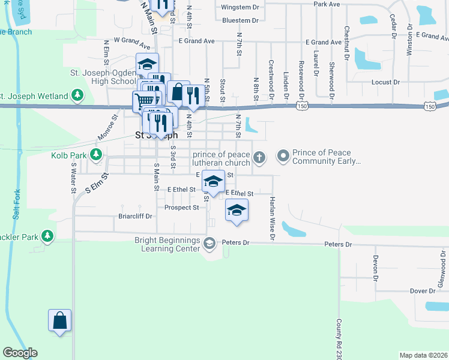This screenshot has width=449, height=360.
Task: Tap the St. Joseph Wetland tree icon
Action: pos(77,95)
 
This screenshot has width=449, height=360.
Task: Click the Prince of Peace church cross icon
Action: pos(259,158)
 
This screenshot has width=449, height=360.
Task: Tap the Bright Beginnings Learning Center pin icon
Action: pos(209,243)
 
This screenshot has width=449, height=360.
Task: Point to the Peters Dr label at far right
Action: pos(338,245)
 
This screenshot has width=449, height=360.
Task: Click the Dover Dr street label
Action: pos(422,291)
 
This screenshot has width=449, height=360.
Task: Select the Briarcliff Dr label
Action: pos(135,216)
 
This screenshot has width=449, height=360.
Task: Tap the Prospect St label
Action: pos(182,208)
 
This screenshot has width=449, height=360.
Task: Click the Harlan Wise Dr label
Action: pos(272,218)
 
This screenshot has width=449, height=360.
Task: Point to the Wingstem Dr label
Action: pos(240,7)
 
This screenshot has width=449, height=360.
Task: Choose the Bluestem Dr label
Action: pos(240,20)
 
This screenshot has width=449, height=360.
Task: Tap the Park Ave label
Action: pos(327,4)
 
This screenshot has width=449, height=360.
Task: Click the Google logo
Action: pos(20,353)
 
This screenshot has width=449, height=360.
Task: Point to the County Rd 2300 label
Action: pos(339,336)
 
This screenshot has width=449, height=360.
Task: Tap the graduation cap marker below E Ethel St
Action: pos(237,211)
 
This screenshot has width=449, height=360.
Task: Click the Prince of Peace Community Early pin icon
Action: pos(283,157)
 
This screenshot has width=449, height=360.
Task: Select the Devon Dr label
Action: pos(375,268)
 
